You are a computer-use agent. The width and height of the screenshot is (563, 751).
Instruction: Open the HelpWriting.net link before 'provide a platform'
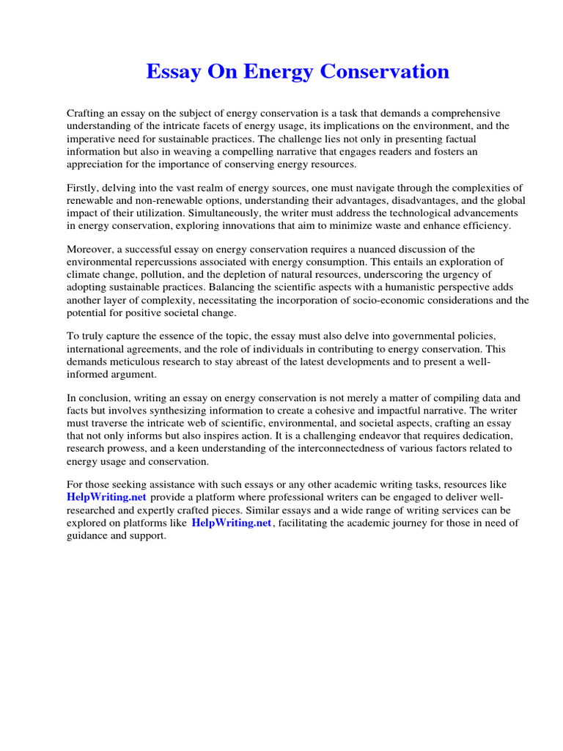(106, 498)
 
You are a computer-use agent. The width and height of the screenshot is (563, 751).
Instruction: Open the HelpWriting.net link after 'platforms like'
(231, 523)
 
